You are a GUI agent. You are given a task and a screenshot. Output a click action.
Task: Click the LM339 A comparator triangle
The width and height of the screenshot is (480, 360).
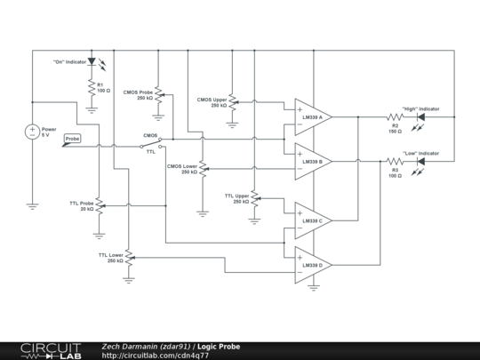312,116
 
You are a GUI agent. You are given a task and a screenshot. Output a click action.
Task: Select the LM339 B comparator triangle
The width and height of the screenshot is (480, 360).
312,161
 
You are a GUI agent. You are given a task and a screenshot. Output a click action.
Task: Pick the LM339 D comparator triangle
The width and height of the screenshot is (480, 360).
312,265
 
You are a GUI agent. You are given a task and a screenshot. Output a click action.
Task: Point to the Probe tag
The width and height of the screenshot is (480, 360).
73,140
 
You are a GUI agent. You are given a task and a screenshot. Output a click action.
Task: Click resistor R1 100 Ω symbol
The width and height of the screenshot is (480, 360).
91,88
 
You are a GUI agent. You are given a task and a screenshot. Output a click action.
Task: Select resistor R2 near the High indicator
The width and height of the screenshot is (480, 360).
395,117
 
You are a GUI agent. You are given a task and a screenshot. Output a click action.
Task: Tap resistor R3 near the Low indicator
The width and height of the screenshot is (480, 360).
395,162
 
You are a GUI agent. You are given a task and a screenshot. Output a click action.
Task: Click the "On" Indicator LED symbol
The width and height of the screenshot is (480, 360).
91,62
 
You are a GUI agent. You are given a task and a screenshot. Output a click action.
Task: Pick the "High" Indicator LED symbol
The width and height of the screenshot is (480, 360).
421,117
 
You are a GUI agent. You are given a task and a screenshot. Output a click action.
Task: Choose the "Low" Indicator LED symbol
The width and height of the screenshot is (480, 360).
421,162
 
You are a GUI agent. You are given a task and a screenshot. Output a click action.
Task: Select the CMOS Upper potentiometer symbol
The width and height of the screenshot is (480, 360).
232,103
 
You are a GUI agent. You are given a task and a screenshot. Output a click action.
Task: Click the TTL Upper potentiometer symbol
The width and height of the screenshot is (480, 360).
254,197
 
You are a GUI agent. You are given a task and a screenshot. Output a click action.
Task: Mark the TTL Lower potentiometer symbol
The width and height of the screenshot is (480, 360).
129,258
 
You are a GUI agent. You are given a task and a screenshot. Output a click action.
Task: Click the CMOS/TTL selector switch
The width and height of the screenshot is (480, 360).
151,145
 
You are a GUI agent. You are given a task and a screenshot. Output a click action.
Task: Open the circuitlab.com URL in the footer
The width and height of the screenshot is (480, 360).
156,356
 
